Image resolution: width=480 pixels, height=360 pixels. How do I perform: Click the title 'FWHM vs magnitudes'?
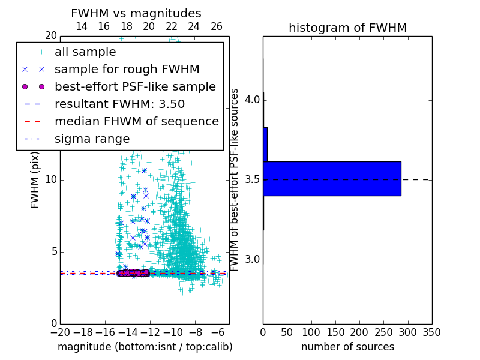coord(136,13)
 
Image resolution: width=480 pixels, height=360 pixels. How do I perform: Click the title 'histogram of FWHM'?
coord(347,28)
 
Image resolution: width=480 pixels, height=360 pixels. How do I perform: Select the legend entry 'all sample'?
coord(85,52)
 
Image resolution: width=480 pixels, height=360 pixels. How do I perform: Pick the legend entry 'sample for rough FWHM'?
coord(127,70)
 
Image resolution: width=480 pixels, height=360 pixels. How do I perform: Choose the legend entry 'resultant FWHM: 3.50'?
coord(119,104)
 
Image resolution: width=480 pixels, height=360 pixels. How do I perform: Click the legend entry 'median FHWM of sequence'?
coord(136,122)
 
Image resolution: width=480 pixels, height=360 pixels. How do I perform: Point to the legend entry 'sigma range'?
coord(92,139)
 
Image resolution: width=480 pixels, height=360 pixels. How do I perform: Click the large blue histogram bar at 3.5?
coord(332,178)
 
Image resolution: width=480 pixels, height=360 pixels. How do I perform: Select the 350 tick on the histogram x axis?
coord(432,332)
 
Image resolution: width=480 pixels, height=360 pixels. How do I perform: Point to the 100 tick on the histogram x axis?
coord(311,332)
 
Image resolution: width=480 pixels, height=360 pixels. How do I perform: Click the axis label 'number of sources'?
coord(347,347)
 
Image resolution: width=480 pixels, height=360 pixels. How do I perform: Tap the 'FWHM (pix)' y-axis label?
coord(35,180)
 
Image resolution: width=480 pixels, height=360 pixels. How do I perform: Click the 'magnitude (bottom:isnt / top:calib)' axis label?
coord(145,347)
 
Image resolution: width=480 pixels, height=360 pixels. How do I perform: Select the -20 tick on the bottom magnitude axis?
coord(60,332)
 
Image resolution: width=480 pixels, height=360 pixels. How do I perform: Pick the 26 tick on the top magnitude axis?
coord(217,26)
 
